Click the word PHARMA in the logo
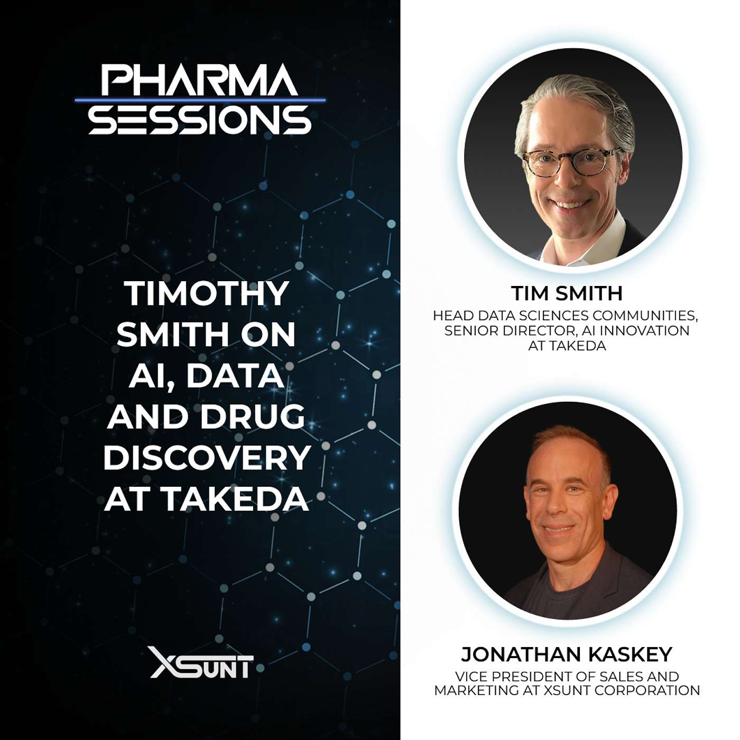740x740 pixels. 200,79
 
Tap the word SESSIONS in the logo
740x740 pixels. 200,120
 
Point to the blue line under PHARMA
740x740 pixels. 200,100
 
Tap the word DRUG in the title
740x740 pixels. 253,417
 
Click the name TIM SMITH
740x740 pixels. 567,294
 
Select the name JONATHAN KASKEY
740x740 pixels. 567,654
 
